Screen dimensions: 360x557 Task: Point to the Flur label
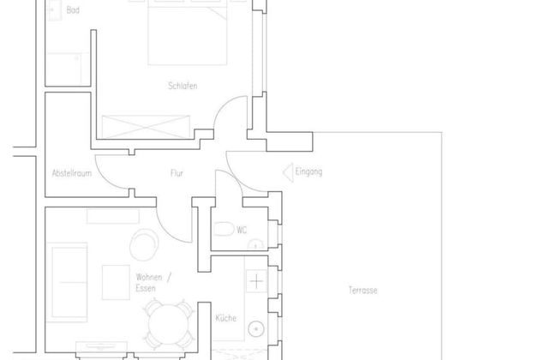177,173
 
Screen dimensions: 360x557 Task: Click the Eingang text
308,172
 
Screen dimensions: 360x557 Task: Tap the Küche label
225,318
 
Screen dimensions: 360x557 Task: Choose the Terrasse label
363,290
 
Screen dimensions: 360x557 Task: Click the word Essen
146,290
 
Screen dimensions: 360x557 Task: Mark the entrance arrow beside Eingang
287,172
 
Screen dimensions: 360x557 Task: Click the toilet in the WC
224,230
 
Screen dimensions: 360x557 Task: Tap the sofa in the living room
69,274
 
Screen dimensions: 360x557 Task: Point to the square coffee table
116,282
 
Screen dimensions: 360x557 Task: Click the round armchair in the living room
143,246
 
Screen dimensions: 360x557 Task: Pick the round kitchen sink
256,328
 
